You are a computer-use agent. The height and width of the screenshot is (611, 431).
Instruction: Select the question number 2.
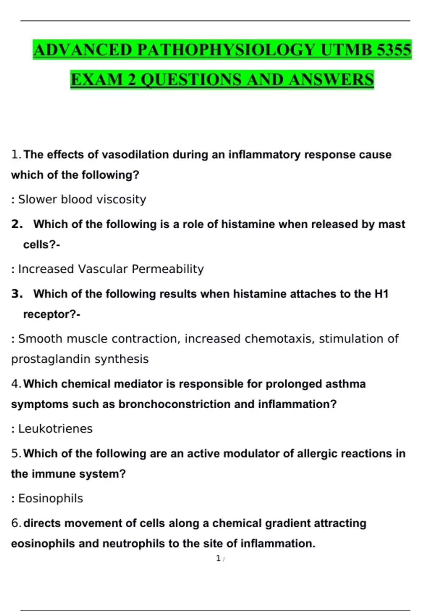[x=17, y=224]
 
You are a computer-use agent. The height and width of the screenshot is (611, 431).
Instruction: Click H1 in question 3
[x=381, y=294]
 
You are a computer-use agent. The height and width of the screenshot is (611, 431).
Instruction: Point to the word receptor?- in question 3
[x=52, y=314]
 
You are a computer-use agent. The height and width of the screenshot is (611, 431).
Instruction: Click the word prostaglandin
[x=51, y=359]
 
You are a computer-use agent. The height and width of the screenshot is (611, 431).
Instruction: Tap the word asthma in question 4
[x=346, y=384]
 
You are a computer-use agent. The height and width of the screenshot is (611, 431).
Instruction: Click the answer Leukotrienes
[x=55, y=429]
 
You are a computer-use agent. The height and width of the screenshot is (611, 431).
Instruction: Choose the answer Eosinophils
[x=51, y=499]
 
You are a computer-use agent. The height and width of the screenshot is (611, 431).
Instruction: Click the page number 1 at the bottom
[x=218, y=559]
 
